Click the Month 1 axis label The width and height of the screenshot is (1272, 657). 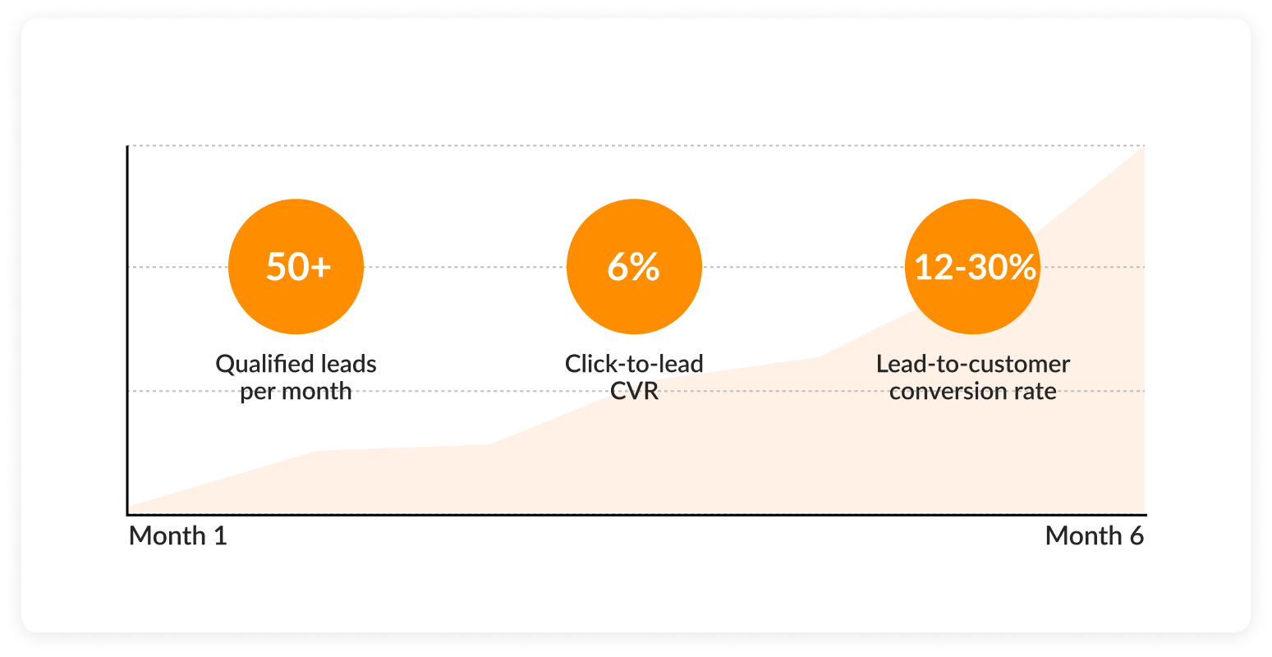point(177,536)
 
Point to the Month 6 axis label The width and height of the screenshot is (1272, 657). point(1094,536)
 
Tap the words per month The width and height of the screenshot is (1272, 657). point(296,391)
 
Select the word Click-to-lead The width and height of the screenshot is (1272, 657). point(634,364)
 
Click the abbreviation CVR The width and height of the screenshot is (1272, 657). point(634,391)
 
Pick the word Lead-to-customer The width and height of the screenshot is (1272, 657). point(973,364)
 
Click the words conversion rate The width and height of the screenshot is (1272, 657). point(973,391)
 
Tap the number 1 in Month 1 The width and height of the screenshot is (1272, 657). point(219,536)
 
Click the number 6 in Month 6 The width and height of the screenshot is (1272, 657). point(1136,536)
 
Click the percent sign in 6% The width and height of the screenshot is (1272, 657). point(645,268)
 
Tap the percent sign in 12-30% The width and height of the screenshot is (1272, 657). point(1022,268)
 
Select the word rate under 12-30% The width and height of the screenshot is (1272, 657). point(1036,391)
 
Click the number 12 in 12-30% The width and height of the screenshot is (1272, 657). point(933,268)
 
